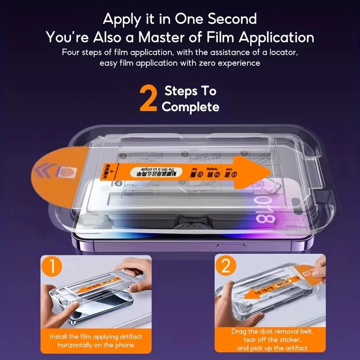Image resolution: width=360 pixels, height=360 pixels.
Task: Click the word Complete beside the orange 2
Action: pos(190,107)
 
